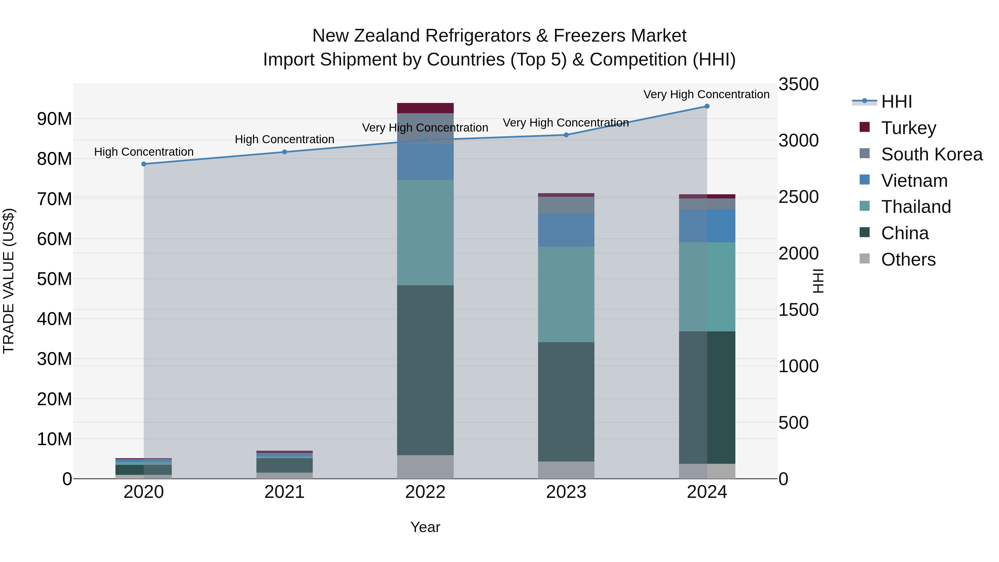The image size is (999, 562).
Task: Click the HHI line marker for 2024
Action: (707, 106)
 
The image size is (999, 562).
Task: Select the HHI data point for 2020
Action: (143, 164)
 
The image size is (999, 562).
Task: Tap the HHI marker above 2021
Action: (284, 152)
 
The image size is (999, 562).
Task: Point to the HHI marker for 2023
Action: (566, 135)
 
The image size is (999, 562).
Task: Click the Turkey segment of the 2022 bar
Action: (425, 108)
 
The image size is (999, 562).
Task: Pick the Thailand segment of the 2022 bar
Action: (425, 233)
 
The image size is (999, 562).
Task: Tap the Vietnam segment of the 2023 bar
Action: (566, 230)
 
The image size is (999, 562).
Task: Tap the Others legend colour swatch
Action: (864, 259)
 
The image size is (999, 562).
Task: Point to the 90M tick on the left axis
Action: (54, 119)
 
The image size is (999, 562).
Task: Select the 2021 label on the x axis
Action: (284, 492)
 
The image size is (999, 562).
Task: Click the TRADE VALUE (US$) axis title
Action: (9, 281)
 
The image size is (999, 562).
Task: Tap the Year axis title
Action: (425, 527)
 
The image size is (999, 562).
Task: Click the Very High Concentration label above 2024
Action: (706, 94)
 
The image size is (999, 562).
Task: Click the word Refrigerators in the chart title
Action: (478, 36)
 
